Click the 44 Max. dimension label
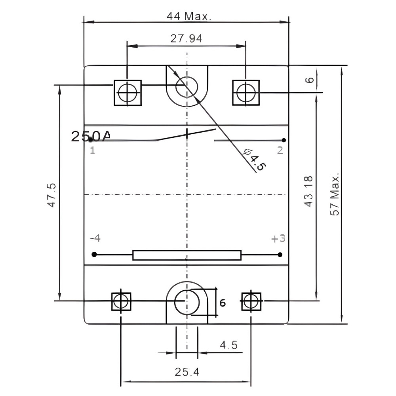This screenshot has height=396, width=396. pos(188,16)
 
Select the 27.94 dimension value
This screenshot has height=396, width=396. pos(187,39)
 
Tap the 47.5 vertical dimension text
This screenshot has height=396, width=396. pos(52,195)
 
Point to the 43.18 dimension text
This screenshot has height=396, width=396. pos(308,192)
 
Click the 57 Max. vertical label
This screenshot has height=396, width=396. pos(335,194)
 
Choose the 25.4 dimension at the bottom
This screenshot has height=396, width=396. pos(187,372)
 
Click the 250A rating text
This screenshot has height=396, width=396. pos(91,136)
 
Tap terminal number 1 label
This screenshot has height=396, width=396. pos(92,150)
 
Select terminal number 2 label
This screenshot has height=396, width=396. pos(280,150)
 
